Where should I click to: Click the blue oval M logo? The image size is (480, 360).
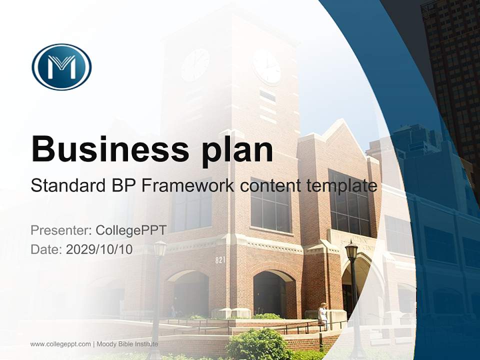pos(61,66)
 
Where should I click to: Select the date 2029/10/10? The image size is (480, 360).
pos(99,249)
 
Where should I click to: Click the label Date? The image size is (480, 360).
pos(46,249)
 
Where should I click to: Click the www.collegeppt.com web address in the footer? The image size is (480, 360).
pos(60,344)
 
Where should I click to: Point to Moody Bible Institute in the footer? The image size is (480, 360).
pos(127,344)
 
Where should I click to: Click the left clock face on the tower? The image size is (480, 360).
pos(195,65)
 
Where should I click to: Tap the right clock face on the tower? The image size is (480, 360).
pos(266,66)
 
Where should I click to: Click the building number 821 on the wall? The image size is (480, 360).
pos(220,260)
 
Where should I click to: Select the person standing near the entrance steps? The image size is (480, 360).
pos(323,315)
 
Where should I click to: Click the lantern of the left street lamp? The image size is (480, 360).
pos(160,248)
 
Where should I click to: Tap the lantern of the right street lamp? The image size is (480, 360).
pos(351,250)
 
